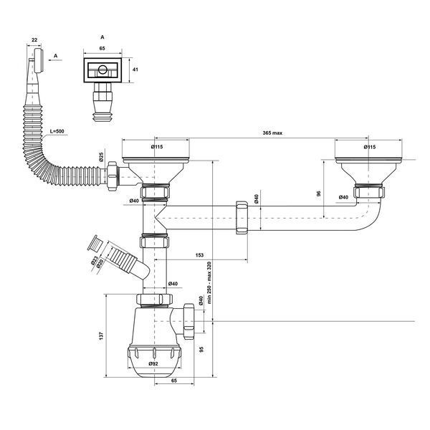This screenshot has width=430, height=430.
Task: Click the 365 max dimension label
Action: pos(272,133)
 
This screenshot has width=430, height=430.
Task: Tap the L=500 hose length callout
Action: pos(57,131)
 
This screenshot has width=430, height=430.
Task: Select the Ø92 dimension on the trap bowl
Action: pos(153,363)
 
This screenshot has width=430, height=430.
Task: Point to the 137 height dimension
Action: pos(102,336)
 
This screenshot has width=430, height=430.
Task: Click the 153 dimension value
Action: pos(200,255)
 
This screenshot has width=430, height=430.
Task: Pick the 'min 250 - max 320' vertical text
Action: pos(209,282)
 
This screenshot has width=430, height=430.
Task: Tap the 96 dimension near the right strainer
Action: pos(318,193)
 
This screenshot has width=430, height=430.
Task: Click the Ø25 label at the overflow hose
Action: pos(101,156)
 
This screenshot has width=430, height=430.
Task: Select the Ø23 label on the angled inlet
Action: pos(95,260)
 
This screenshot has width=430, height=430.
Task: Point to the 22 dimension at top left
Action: pos(34,39)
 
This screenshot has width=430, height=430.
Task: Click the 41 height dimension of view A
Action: pos(135,70)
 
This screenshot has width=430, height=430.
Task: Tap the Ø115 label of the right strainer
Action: pos(370,147)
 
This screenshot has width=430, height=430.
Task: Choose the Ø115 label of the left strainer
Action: pos(157,147)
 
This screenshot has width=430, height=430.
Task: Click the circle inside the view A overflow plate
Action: pos(102,70)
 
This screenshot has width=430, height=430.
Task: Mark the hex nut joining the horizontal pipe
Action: pos(242,217)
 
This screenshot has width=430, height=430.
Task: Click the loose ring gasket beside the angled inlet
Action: pos(95,243)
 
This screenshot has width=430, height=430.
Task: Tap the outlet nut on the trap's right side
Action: pos(189,321)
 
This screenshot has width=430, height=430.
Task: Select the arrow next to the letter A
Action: pos(55,60)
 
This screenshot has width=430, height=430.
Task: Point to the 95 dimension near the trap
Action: pos(201,350)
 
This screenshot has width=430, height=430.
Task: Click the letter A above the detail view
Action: pos(102,37)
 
